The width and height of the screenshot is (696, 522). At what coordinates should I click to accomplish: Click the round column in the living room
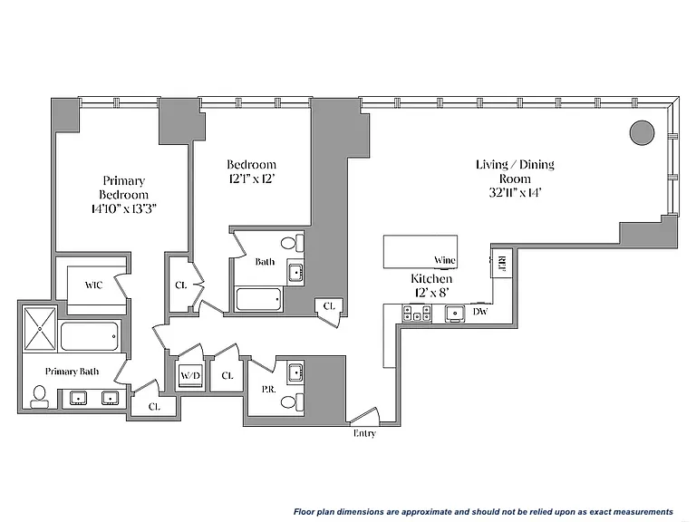pyautogui.click(x=642, y=132)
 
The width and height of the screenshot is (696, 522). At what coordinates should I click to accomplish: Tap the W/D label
pyautogui.click(x=190, y=375)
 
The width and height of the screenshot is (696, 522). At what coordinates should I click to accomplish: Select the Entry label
pyautogui.click(x=364, y=433)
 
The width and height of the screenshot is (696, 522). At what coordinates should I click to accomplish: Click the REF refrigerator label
pyautogui.click(x=502, y=264)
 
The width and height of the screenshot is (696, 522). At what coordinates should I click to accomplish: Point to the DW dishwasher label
pyautogui.click(x=480, y=312)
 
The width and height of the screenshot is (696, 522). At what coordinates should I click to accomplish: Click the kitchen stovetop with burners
pyautogui.click(x=416, y=313)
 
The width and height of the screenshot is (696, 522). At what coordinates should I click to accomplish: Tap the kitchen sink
pyautogui.click(x=455, y=314)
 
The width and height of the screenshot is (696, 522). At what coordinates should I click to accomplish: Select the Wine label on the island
pyautogui.click(x=444, y=260)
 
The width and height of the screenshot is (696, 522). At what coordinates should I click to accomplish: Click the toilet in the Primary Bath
pyautogui.click(x=39, y=397)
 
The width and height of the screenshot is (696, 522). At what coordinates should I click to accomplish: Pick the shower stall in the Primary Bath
pyautogui.click(x=40, y=328)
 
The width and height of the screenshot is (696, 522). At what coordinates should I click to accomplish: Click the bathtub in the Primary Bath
pyautogui.click(x=90, y=336)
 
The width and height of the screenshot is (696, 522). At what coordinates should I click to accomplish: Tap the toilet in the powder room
pyautogui.click(x=292, y=402)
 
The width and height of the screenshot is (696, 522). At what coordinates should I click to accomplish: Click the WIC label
pyautogui.click(x=93, y=285)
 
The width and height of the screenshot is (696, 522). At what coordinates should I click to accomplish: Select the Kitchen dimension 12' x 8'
pyautogui.click(x=430, y=293)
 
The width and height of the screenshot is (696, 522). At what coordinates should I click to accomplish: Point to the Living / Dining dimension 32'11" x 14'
pyautogui.click(x=515, y=193)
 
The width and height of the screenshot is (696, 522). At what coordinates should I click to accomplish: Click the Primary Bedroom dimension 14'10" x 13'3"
pyautogui.click(x=124, y=208)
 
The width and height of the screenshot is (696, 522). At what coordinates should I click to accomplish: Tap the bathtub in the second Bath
pyautogui.click(x=259, y=299)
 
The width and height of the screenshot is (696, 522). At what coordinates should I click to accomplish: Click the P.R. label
pyautogui.click(x=269, y=390)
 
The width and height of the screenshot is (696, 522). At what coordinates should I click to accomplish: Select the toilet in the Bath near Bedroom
pyautogui.click(x=292, y=243)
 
